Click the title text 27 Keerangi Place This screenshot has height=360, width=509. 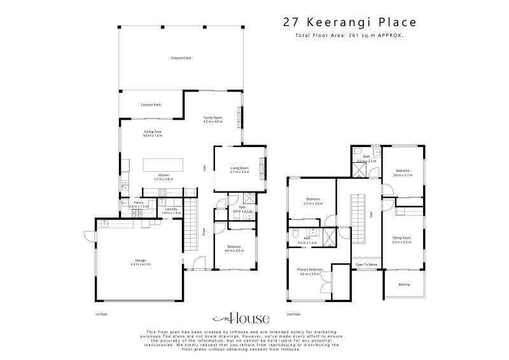click(x=349, y=22)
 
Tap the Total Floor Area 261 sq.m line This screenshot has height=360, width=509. click(x=349, y=36)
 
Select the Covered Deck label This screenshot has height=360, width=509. click(x=181, y=58)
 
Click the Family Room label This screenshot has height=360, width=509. click(x=213, y=119)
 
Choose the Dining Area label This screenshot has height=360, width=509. click(x=153, y=133)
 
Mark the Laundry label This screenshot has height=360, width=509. click(x=171, y=210)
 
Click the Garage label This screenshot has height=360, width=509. click(x=141, y=261)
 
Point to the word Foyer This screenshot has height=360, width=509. click(x=204, y=232)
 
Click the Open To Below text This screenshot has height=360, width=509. click(x=366, y=264)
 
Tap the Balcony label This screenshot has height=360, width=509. click(x=404, y=284)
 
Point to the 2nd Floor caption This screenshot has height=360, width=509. click(x=293, y=314)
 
